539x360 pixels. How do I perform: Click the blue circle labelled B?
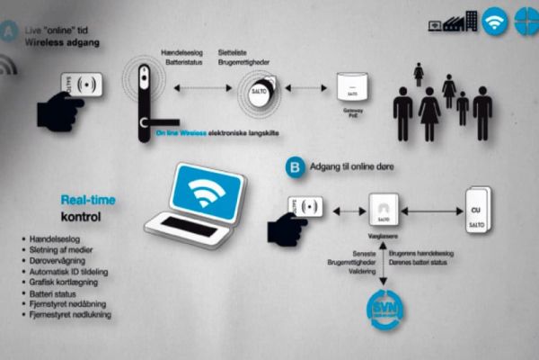[x=293, y=166]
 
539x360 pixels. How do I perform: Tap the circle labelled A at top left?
[x=10, y=30]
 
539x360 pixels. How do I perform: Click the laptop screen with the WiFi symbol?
[x=207, y=192]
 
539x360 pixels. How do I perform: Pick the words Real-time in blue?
[x=88, y=201]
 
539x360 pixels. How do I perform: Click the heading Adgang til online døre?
[x=354, y=167]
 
